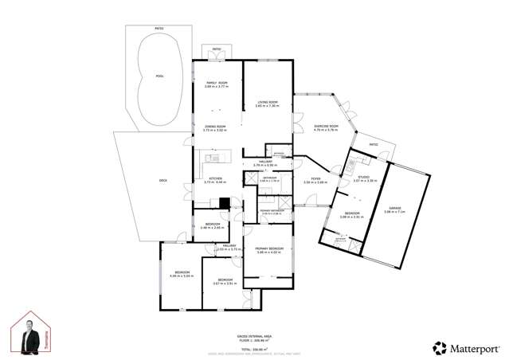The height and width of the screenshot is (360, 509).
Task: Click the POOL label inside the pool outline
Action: (159, 77)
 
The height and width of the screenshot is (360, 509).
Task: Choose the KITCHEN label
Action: (214, 178)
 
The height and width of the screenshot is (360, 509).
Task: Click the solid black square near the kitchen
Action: (225, 203)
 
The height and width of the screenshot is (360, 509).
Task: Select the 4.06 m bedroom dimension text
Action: (182, 276)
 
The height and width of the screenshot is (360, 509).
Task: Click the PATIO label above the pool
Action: (159, 29)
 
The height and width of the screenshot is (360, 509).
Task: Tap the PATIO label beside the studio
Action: (374, 144)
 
